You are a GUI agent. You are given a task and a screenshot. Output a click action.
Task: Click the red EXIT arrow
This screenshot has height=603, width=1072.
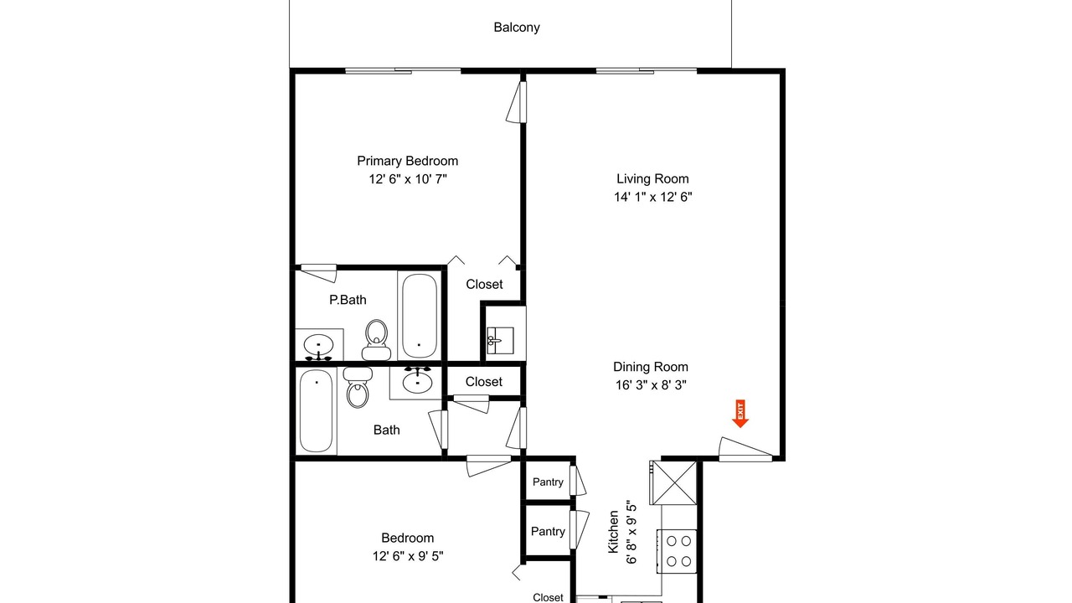pyautogui.click(x=740, y=414)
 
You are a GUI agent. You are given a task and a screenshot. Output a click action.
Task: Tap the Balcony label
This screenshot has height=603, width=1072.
pyautogui.click(x=517, y=28)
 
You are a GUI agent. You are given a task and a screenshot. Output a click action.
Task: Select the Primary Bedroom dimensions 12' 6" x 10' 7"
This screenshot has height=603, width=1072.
pyautogui.click(x=408, y=179)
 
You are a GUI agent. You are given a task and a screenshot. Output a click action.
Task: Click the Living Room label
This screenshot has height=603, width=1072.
pyautogui.click(x=652, y=178)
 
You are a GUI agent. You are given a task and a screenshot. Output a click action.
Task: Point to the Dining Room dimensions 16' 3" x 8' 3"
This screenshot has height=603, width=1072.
pyautogui.click(x=651, y=384)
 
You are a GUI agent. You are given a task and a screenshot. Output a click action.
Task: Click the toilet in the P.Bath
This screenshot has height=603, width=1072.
pyautogui.click(x=376, y=340)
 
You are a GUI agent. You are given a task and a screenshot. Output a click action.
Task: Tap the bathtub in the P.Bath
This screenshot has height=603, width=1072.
pyautogui.click(x=420, y=316)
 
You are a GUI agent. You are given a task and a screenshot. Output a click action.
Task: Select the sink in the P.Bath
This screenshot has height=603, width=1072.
pyautogui.click(x=318, y=347)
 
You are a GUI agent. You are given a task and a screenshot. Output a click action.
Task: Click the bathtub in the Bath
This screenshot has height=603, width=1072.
pyautogui.click(x=316, y=410)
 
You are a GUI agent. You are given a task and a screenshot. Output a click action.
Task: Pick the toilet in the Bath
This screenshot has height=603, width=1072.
pyautogui.click(x=358, y=388)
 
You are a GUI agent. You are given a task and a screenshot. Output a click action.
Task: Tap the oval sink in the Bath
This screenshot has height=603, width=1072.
pyautogui.click(x=417, y=380)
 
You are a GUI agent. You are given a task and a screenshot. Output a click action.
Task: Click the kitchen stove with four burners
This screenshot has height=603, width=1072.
pyautogui.click(x=676, y=551)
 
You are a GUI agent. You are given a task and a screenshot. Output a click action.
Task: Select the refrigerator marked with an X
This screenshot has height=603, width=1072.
pyautogui.click(x=674, y=482)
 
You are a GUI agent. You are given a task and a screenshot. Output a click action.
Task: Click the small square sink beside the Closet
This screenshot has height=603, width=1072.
pyautogui.click(x=500, y=341)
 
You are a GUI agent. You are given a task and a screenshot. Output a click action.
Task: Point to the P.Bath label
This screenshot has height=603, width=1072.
pyautogui.click(x=348, y=300)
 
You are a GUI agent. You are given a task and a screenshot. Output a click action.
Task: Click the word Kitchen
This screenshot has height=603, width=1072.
pyautogui.click(x=613, y=532)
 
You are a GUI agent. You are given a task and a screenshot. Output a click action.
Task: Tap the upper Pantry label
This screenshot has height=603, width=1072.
pyautogui.click(x=548, y=482)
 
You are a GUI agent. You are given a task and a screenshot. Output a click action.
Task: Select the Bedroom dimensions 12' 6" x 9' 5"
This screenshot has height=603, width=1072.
pyautogui.click(x=408, y=556)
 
